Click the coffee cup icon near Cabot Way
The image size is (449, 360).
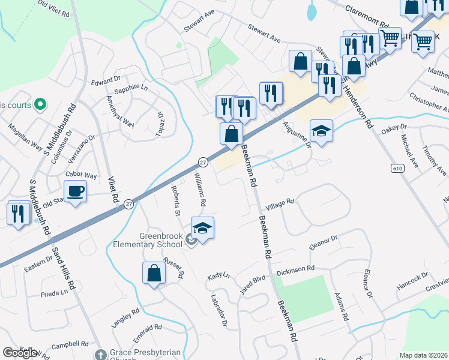75,192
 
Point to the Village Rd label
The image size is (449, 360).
280,203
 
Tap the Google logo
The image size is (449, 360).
20,353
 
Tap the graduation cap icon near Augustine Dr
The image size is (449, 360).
321,131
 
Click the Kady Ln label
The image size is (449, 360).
218,277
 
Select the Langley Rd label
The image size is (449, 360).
125,318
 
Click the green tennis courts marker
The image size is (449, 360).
40,104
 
